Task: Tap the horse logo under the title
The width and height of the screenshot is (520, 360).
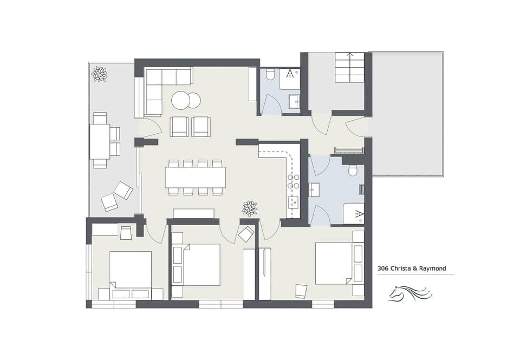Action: (x=410, y=294)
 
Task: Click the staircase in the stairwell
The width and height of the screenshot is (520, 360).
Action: (x=349, y=66)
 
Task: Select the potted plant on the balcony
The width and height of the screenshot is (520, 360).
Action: (x=99, y=74)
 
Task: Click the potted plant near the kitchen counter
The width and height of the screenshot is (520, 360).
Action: (x=250, y=207)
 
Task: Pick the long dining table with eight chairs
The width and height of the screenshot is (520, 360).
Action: (x=195, y=177)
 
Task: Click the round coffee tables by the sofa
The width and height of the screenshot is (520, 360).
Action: (x=186, y=100)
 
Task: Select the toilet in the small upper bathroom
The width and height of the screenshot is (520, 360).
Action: (x=270, y=75)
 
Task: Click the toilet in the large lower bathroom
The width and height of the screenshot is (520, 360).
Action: (x=353, y=171)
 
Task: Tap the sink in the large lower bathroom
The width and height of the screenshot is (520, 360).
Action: (x=315, y=189)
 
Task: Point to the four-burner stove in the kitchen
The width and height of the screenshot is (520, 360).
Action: (x=293, y=181)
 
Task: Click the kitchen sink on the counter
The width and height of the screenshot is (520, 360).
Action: (x=293, y=203)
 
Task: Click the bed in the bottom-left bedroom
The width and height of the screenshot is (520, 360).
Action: (x=131, y=270)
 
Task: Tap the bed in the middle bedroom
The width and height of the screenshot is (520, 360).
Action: (x=200, y=265)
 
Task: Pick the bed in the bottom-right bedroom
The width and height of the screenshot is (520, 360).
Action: (x=334, y=263)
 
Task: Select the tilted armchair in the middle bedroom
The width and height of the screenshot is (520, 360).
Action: (x=246, y=234)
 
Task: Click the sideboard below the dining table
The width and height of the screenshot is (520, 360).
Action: (x=193, y=213)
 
